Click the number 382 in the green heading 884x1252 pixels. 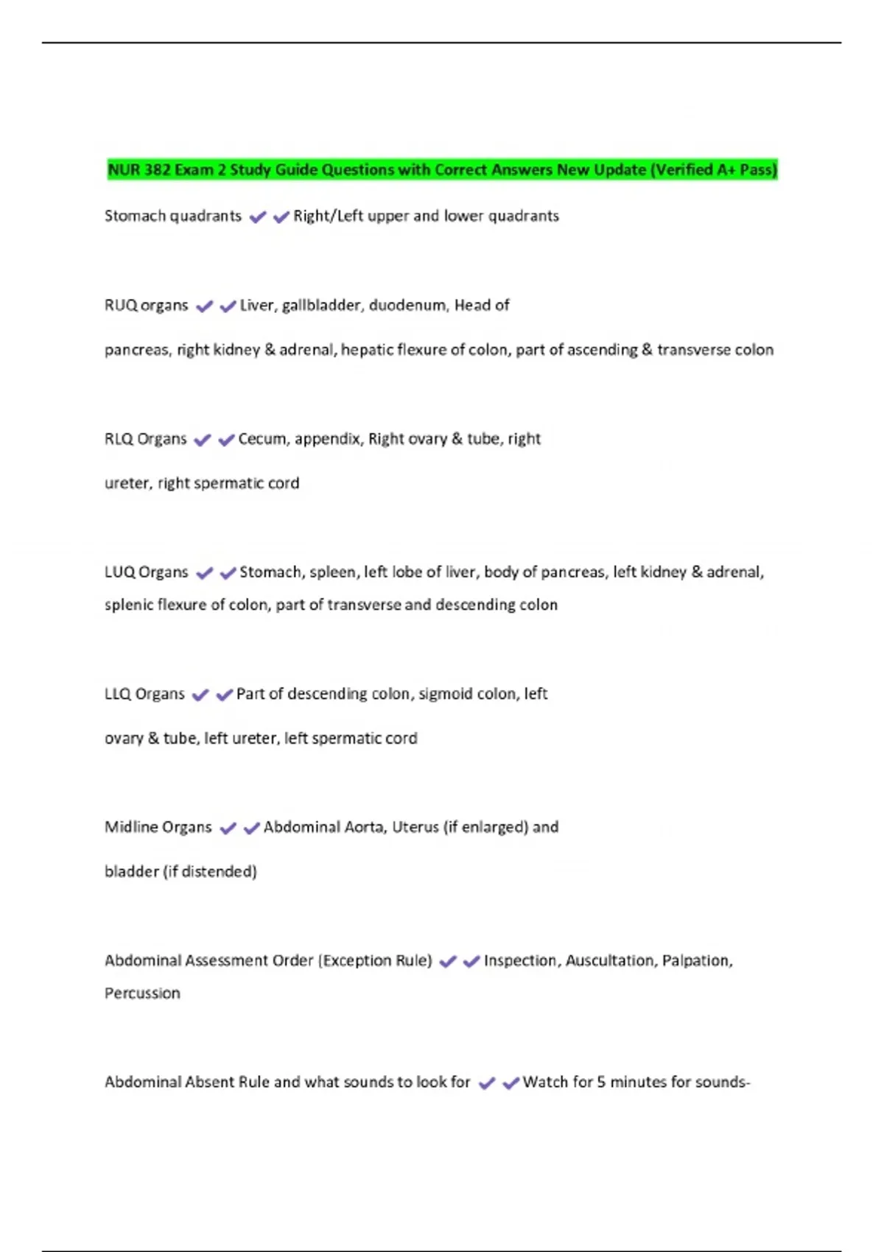pyautogui.click(x=157, y=170)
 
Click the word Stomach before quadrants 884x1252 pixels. pyautogui.click(x=135, y=216)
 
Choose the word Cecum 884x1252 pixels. pyautogui.click(x=262, y=439)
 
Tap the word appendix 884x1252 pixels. pyautogui.click(x=329, y=440)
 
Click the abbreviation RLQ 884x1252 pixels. pyautogui.click(x=119, y=439)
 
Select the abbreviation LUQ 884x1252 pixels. pyautogui.click(x=119, y=572)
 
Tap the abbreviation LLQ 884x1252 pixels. pyautogui.click(x=118, y=694)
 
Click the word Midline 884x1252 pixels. pyautogui.click(x=130, y=827)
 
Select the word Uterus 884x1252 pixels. pyautogui.click(x=415, y=827)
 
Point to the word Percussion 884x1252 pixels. pyautogui.click(x=142, y=993)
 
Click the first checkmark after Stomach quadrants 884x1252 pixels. pyautogui.click(x=257, y=217)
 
